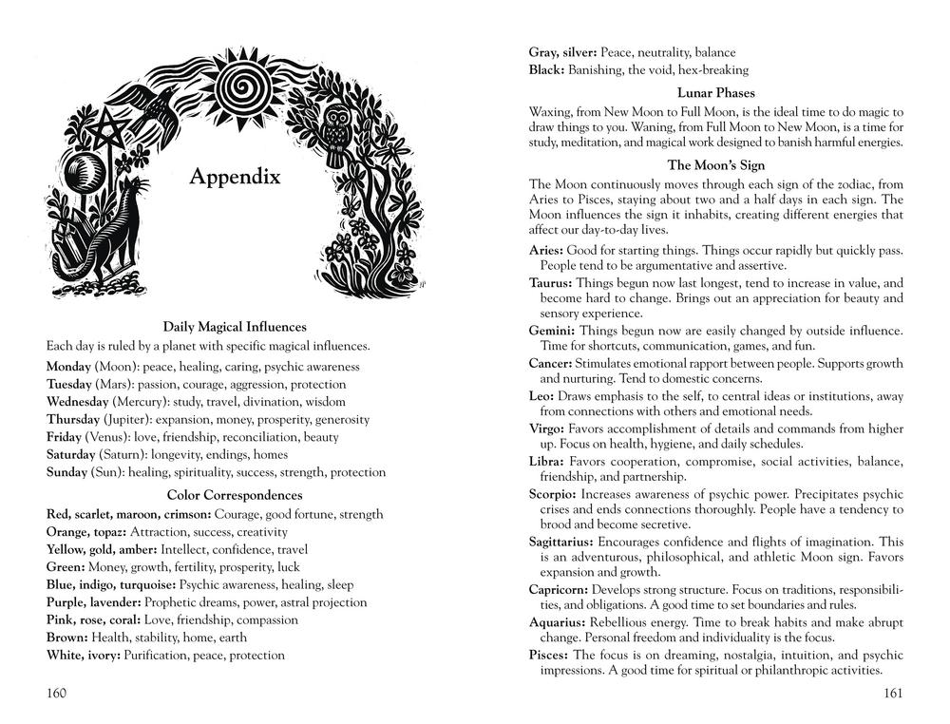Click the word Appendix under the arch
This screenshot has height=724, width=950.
point(235,177)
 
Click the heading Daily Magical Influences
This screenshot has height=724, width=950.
point(235,327)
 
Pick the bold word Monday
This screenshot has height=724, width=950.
point(68,367)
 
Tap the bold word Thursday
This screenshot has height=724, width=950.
point(73,419)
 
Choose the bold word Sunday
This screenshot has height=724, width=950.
point(66,472)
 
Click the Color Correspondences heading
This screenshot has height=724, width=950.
point(235,495)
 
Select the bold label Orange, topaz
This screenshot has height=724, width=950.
point(85,532)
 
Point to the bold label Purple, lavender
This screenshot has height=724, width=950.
point(93,602)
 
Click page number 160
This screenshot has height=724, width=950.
point(57,693)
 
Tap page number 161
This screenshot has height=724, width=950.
point(892,693)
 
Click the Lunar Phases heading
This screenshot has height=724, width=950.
point(716,93)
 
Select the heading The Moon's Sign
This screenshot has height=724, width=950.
point(716,164)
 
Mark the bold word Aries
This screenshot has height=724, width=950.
point(545,249)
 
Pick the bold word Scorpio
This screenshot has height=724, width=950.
point(552,495)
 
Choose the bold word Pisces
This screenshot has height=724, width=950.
point(549,656)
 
